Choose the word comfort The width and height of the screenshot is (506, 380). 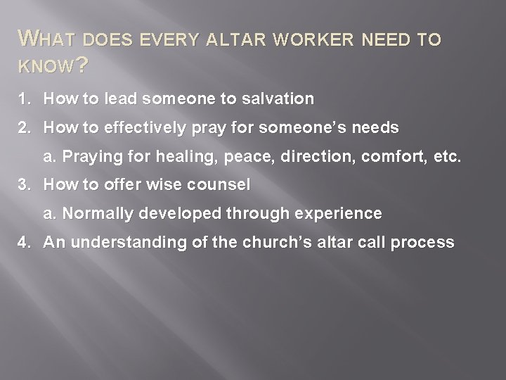click(x=389, y=157)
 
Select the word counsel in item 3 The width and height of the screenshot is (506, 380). click(x=226, y=185)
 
